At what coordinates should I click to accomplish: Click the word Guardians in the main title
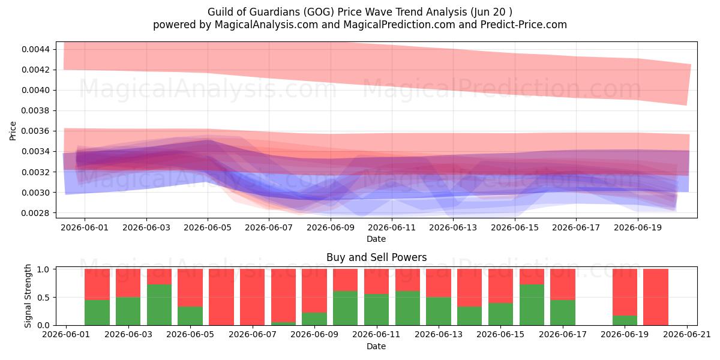tap(272, 12)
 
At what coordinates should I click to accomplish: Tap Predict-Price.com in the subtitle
tap(524, 25)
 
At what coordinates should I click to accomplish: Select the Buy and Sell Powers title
tap(376, 257)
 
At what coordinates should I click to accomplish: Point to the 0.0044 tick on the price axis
tap(36, 49)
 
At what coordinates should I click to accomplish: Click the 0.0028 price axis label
tap(36, 213)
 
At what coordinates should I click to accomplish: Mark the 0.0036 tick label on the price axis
tap(36, 131)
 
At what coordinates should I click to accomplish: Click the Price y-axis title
tap(13, 131)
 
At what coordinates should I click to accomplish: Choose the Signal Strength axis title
tap(28, 296)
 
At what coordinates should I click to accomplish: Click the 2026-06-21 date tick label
tap(687, 335)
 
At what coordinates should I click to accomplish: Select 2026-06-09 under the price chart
tap(331, 227)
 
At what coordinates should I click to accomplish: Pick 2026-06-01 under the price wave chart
tap(85, 227)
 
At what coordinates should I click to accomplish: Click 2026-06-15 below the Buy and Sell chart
tap(500, 335)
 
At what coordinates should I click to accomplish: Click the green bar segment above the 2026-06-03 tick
tap(128, 311)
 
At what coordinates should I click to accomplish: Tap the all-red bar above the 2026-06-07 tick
tap(253, 297)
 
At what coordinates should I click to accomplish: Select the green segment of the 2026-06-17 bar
tap(563, 313)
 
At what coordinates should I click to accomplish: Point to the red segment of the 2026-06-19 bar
tap(625, 292)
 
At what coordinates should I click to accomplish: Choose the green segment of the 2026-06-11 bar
tap(376, 310)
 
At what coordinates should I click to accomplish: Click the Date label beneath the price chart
tap(376, 239)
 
